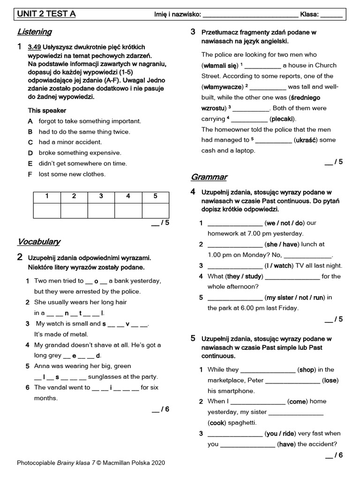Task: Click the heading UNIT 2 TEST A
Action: click(46, 14)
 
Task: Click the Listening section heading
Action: click(34, 32)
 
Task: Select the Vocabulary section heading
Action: click(39, 241)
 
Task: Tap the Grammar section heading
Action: click(209, 177)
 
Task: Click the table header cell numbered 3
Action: click(101, 196)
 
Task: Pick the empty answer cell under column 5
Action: click(155, 210)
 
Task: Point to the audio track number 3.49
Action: click(34, 47)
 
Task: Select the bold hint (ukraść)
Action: click(307, 140)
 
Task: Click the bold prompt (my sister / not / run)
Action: click(295, 297)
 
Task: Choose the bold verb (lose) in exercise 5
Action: click(330, 380)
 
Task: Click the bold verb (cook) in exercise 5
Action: click(217, 422)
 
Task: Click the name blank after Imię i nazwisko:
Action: click(250, 15)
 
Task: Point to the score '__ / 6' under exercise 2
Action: click(161, 409)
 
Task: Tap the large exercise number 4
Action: click(193, 191)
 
